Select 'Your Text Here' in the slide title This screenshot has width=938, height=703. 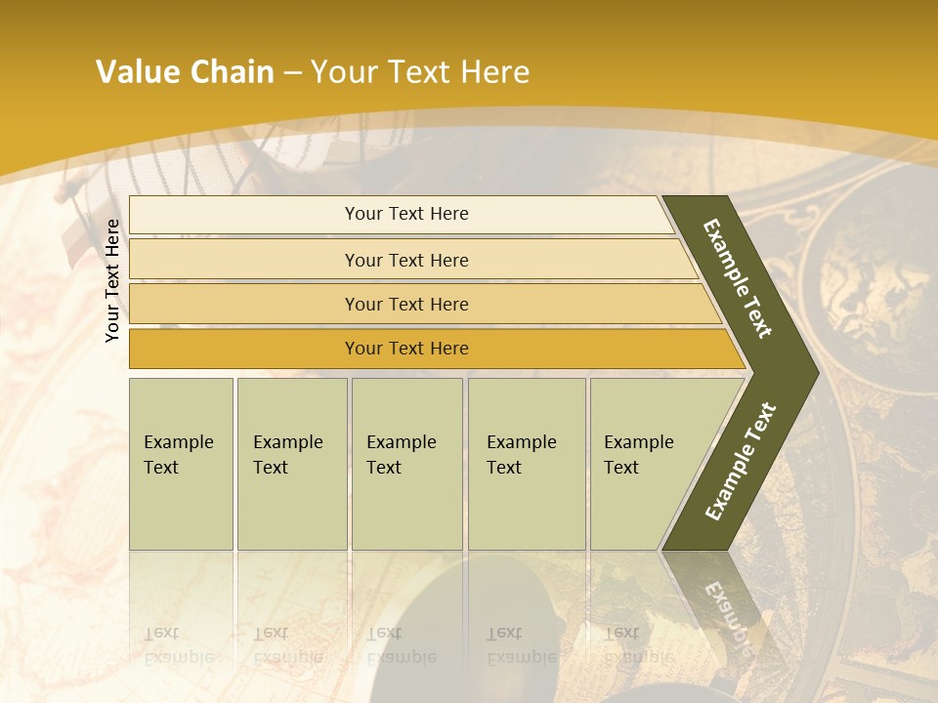point(420,72)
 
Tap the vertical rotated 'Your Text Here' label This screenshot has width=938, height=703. point(112,280)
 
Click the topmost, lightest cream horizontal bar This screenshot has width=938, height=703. point(405,215)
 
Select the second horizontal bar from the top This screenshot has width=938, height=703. point(405,260)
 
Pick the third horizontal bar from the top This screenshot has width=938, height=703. point(405,304)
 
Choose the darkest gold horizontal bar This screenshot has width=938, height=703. point(405,349)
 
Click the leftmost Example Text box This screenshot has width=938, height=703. point(181,464)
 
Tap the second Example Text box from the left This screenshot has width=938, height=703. point(291,464)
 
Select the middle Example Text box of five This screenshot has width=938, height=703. point(406,464)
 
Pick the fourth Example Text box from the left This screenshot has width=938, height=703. point(526,464)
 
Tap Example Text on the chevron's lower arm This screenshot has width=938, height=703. point(741,461)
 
